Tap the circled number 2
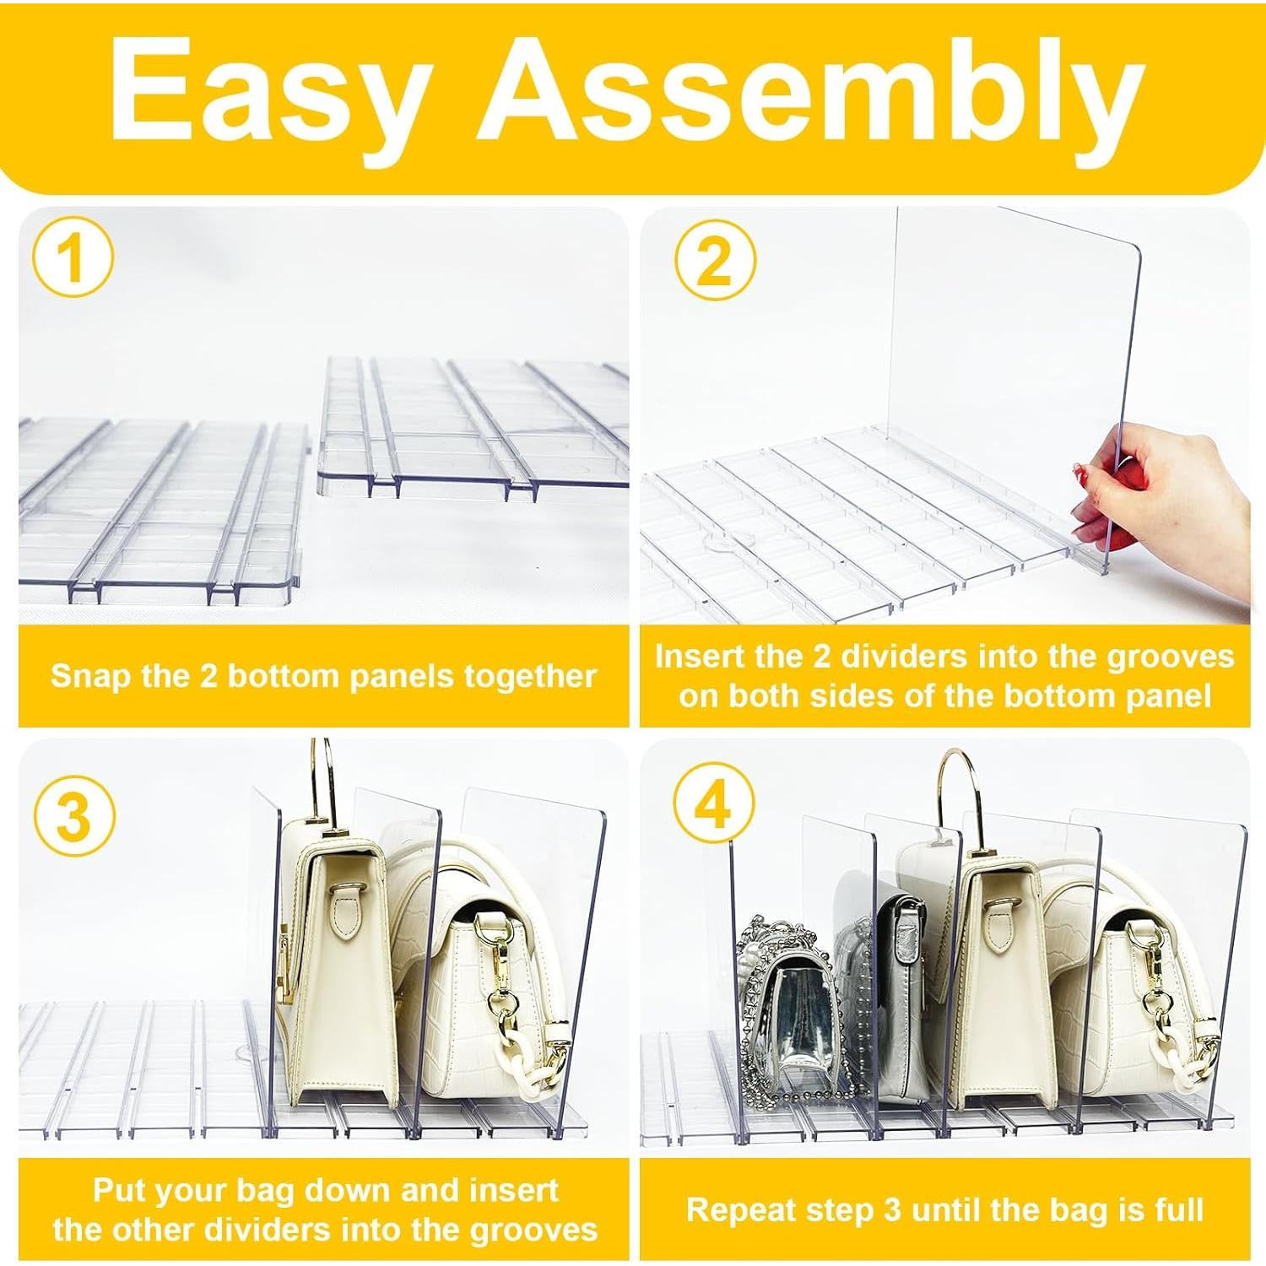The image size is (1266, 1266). (715, 259)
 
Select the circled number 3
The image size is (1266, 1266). (73, 816)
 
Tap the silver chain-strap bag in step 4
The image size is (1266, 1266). (789, 1004)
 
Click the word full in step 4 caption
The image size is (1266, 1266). (1179, 1209)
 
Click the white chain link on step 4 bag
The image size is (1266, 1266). (1182, 1055)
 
